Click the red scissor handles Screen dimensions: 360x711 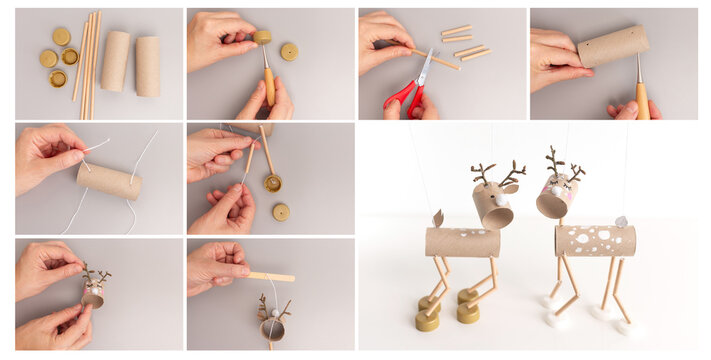pos(403,96)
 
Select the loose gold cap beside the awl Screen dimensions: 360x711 pos(289,50)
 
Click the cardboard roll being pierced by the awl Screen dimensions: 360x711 pos(612,46)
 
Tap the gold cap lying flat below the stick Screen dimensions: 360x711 pos(281,211)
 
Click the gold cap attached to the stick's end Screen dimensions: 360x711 pos(272,183)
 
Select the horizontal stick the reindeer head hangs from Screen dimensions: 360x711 pos(272,276)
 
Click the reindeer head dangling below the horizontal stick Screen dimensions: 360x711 pos(271,325)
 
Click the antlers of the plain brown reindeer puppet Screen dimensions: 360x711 pos(497,174)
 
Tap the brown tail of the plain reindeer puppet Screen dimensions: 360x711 pos(437,217)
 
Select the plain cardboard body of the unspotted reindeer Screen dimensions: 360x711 pos(462,242)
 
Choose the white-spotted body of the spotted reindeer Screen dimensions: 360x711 pos(596,240)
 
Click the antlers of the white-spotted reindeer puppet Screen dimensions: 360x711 pos(563,163)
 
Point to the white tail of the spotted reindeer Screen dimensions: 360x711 pos(621,221)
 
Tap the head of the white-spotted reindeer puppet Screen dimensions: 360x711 pos(556,197)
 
